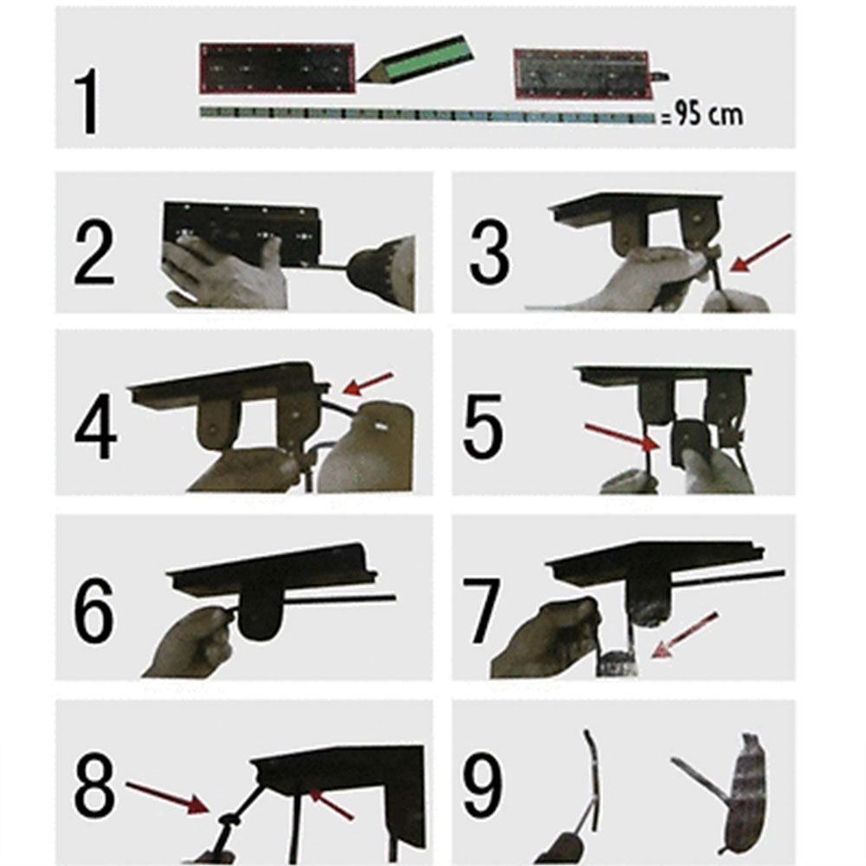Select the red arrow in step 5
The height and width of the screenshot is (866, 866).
click(x=617, y=436)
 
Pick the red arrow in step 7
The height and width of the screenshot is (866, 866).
click(x=687, y=635)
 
